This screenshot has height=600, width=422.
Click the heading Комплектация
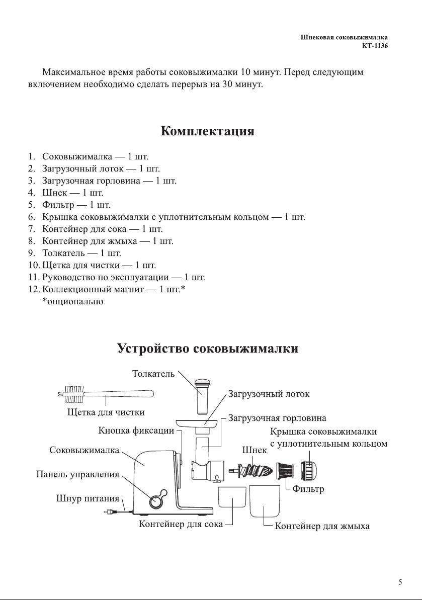(x=207, y=131)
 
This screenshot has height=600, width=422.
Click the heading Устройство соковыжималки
(x=207, y=349)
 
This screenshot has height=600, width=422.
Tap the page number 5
(x=400, y=582)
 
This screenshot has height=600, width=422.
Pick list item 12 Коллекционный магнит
(x=107, y=289)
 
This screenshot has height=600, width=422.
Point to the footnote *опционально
(x=73, y=302)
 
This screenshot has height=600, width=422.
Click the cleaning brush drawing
(x=106, y=394)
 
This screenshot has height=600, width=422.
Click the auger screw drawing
(x=250, y=470)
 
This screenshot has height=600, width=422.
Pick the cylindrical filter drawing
(x=285, y=471)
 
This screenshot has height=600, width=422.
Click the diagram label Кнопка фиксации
(x=136, y=431)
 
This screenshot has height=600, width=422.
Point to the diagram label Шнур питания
(x=88, y=498)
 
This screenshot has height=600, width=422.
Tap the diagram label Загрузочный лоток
(x=269, y=394)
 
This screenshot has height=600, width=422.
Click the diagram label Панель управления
(x=77, y=474)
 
